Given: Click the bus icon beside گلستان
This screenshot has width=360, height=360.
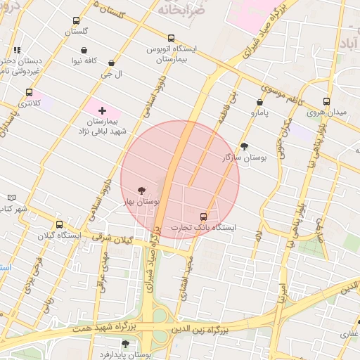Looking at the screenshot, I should coord(76,21).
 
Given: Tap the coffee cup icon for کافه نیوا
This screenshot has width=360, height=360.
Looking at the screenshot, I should coord(84,50).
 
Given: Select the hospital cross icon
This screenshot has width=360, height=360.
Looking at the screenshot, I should coord(103,110).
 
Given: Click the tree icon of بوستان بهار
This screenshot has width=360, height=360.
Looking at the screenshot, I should coord(142,191).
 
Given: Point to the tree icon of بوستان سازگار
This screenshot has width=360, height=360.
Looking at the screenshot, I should coord(244,146).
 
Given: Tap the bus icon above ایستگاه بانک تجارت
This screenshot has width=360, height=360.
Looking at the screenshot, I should coord(204,217).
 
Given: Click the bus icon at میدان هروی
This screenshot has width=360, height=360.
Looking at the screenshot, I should coord(326,101).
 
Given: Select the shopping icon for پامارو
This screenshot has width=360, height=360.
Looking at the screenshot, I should coord(259,102).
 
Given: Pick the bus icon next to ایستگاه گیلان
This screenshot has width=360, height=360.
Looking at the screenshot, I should coord(59,225).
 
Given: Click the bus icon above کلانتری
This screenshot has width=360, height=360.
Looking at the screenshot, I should coord(29,92).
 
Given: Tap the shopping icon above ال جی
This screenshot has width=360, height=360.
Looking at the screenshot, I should coord(111,63).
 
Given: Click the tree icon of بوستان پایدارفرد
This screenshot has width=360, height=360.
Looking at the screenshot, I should coord(125,344).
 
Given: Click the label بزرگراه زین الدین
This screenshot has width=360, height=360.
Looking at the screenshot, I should coord(200,328).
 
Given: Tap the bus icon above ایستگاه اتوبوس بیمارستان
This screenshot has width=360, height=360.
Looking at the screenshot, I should coord(171,39).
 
